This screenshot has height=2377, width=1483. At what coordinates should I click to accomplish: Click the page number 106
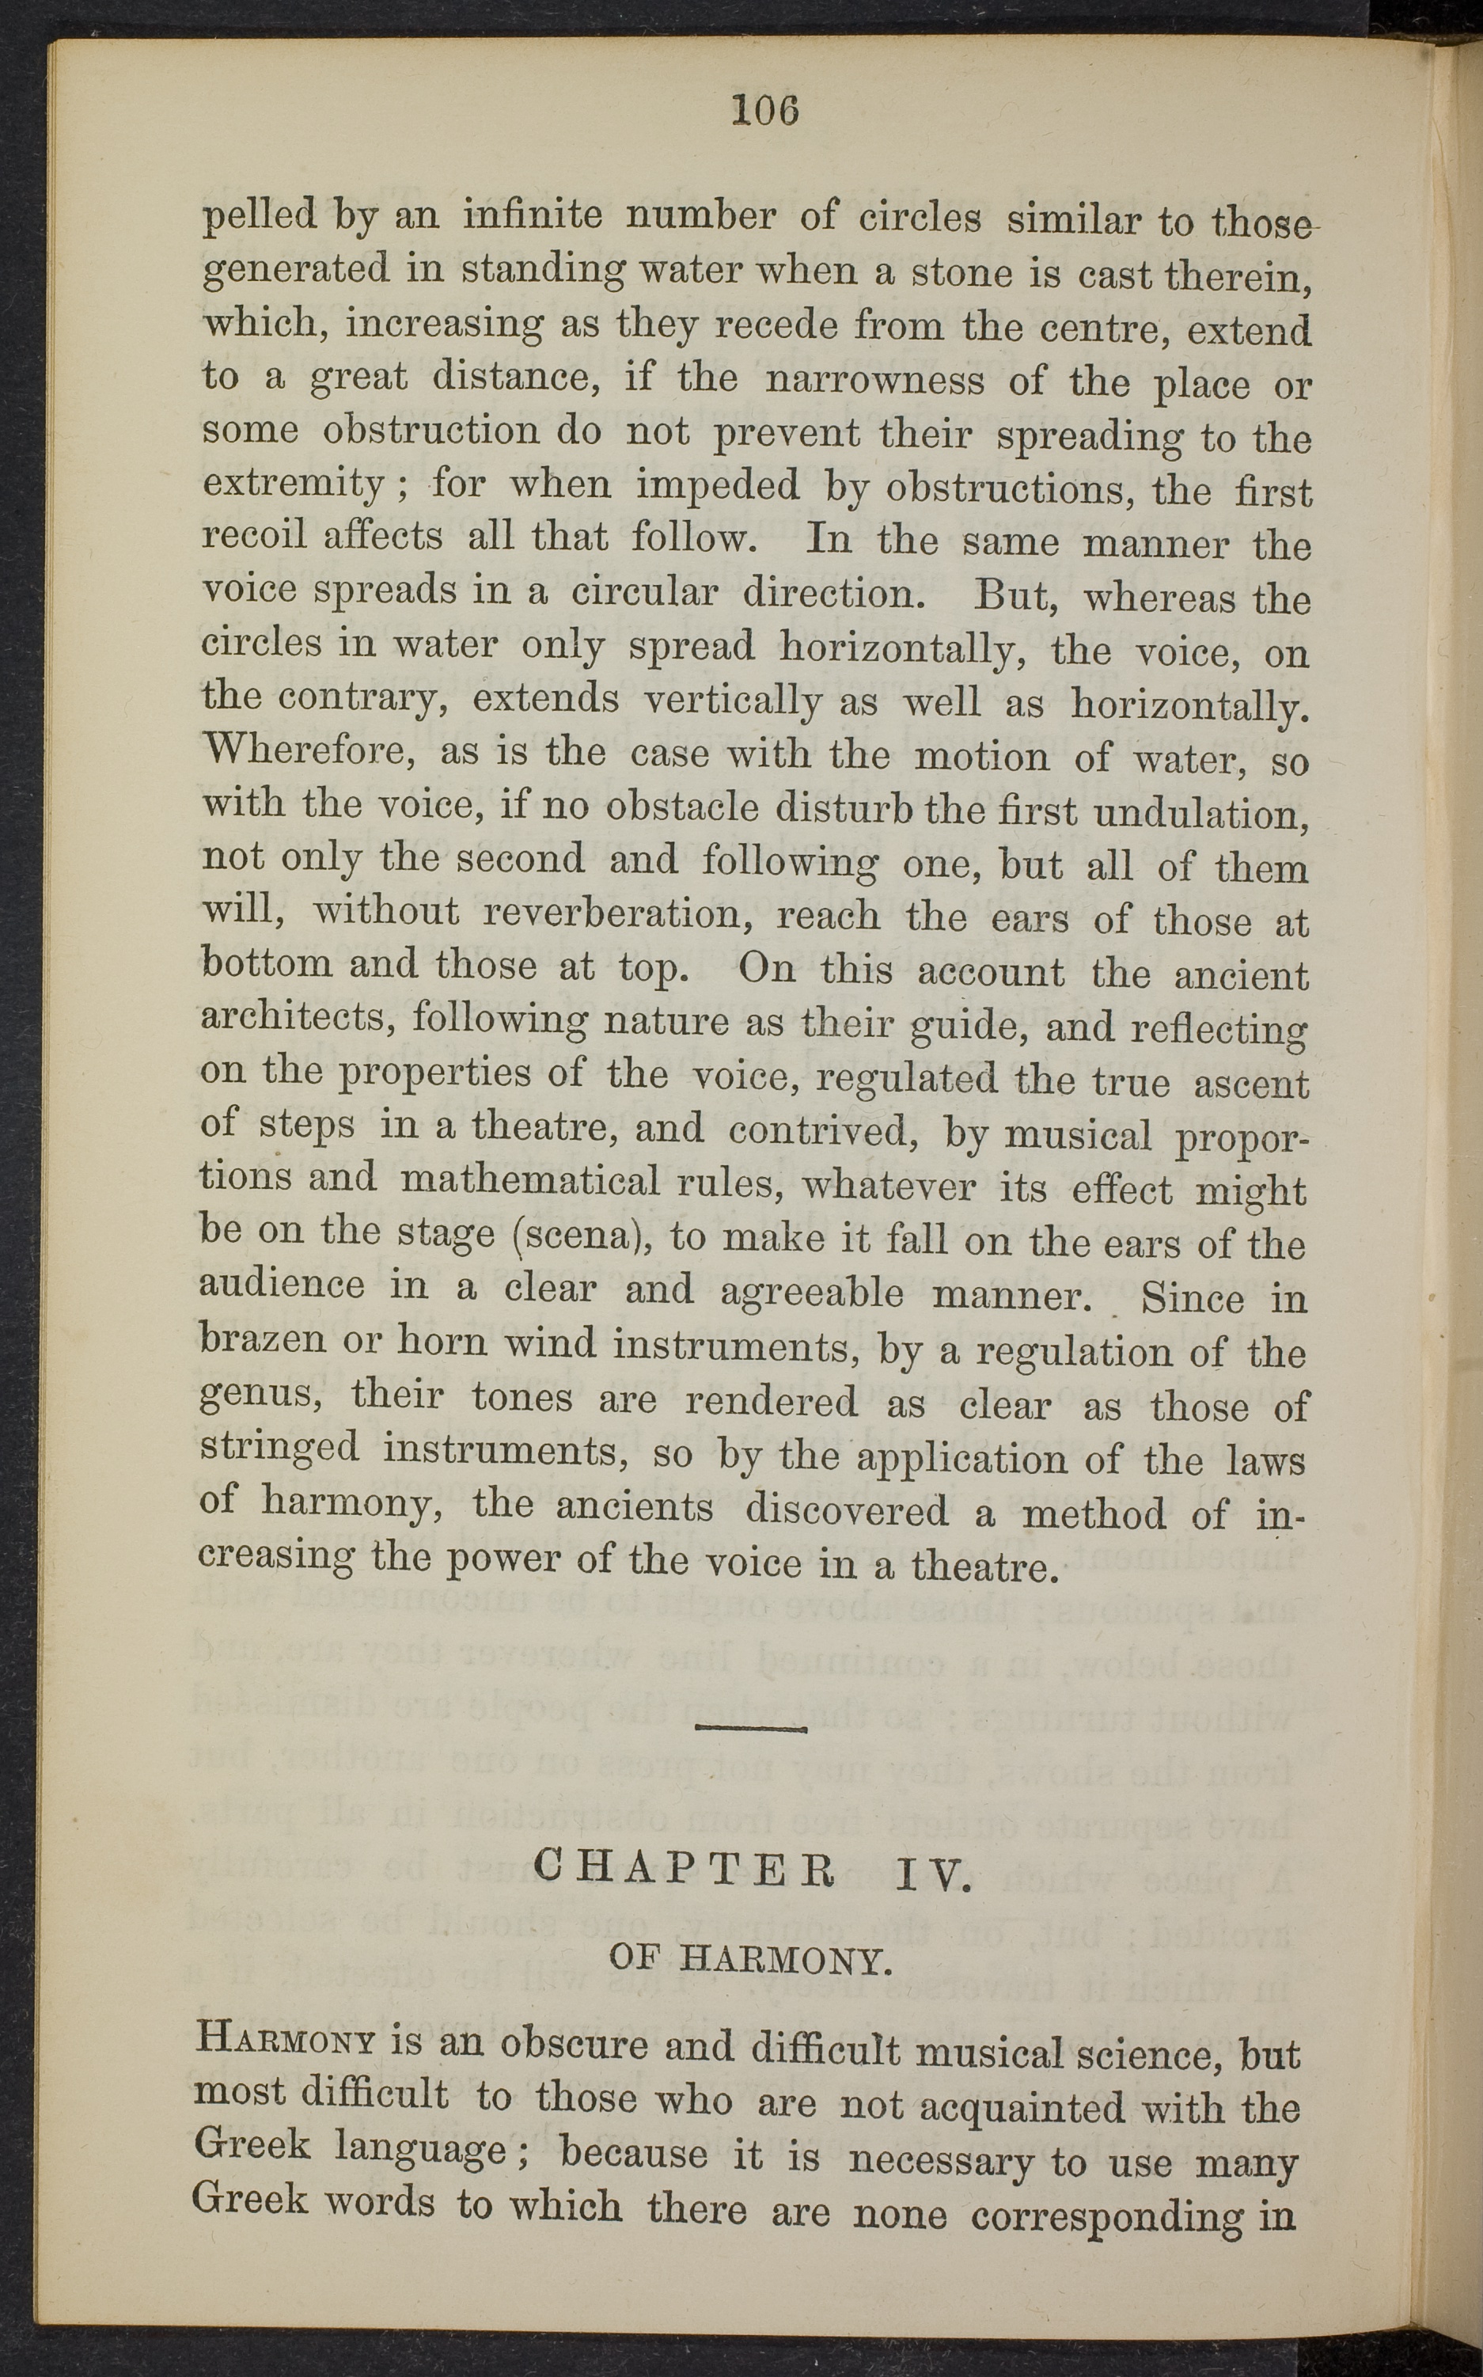coord(766,110)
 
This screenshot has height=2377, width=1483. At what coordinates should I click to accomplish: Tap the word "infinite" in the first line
coord(533,215)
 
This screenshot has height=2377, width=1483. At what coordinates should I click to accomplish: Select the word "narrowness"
coord(874,378)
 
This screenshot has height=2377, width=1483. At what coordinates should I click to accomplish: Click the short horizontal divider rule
coord(750,1730)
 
